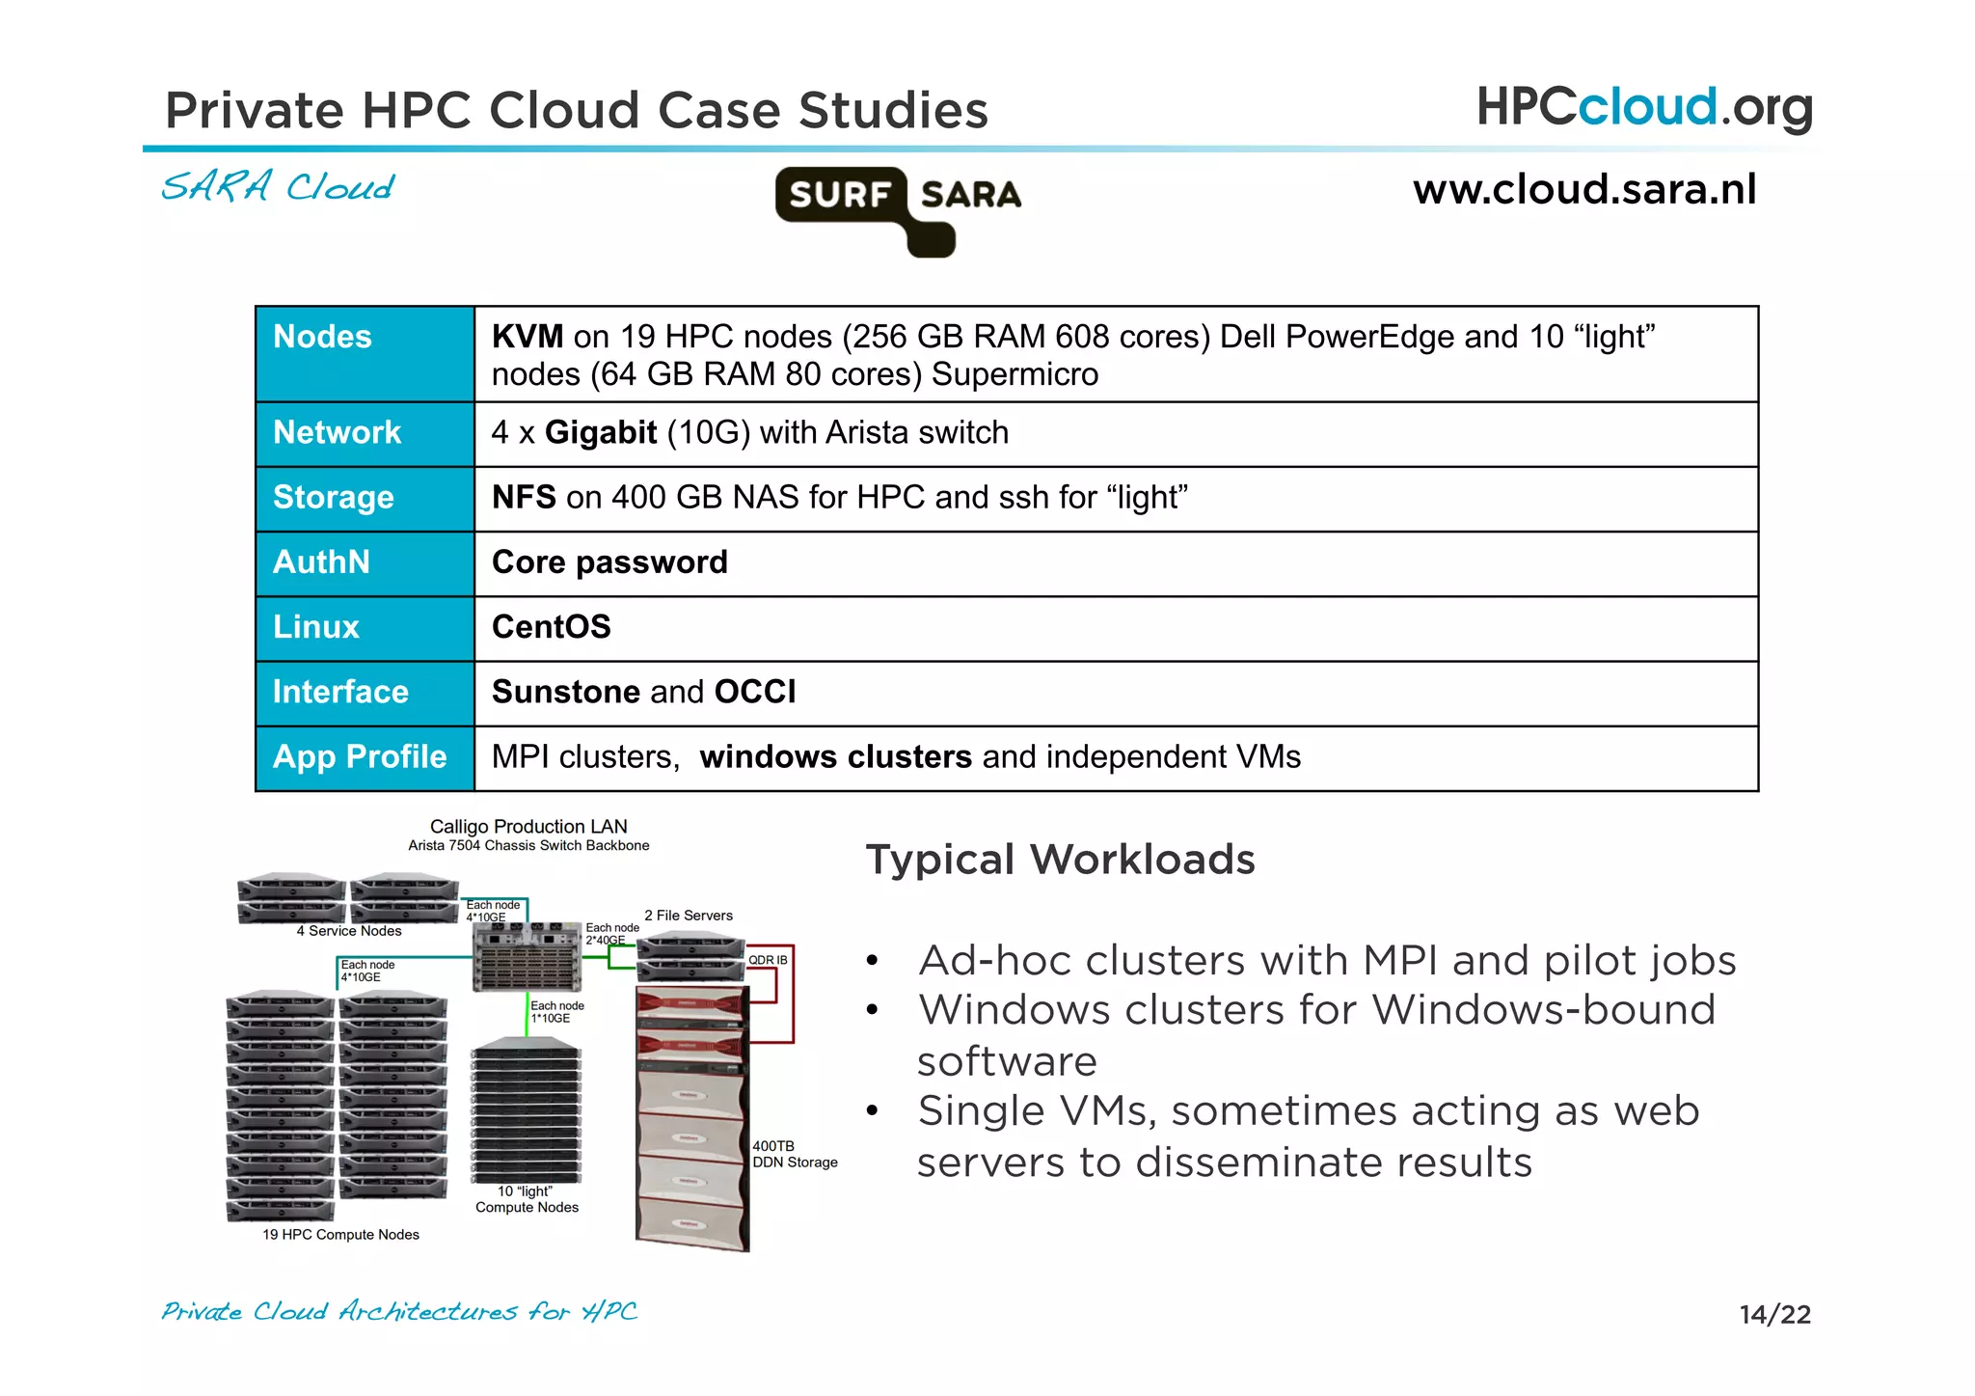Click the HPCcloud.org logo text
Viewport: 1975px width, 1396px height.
coord(1644,107)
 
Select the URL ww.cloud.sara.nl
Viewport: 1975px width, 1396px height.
coord(1584,189)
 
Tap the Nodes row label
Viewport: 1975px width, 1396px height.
coord(322,337)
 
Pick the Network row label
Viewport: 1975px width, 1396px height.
coord(337,432)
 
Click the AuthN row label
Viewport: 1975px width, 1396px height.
coord(321,562)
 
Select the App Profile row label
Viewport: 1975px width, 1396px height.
coord(360,757)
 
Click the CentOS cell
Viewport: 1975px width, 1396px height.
coord(552,627)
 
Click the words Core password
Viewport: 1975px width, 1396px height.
coord(609,562)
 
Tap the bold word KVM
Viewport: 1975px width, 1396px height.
coord(527,337)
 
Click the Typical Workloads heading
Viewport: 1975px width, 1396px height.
coord(1060,860)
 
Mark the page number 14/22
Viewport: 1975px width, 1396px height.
coord(1774,1314)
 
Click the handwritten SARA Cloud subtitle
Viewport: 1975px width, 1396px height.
coord(278,186)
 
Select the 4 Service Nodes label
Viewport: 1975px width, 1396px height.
coord(349,931)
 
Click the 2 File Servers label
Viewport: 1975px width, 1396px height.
coord(689,916)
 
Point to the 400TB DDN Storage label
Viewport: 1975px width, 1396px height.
coord(793,1155)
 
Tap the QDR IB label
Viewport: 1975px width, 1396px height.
coord(768,960)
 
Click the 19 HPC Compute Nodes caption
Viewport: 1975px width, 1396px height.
coord(340,1235)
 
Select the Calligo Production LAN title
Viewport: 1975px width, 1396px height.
coord(528,827)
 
